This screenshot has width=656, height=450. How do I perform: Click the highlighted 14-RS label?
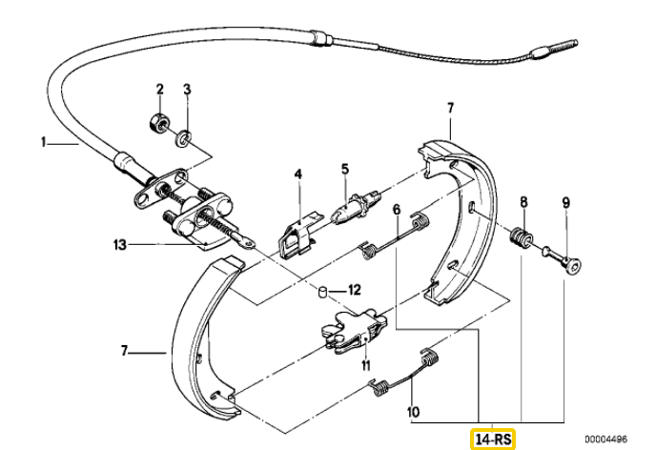click(493, 440)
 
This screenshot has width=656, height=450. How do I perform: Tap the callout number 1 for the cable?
click(43, 143)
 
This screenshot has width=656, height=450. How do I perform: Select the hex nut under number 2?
click(158, 121)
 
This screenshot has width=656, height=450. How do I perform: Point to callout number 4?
click(297, 174)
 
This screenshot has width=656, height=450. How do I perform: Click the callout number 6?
click(397, 209)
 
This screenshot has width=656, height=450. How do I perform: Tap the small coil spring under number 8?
click(521, 238)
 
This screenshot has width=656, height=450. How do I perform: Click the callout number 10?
click(413, 412)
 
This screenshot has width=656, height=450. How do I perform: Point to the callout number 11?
click(366, 366)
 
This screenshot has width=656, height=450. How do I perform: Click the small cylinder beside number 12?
click(323, 291)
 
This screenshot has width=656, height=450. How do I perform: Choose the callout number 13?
click(119, 244)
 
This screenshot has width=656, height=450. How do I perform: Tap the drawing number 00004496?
click(605, 439)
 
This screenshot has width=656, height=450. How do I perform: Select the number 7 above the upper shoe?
click(450, 108)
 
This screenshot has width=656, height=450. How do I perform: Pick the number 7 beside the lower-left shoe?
click(124, 351)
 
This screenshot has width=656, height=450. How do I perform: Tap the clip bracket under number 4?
click(298, 236)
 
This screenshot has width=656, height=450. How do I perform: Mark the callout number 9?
click(565, 203)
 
